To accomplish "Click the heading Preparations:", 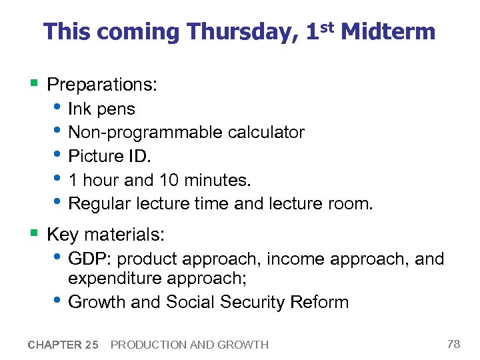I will click(x=103, y=85).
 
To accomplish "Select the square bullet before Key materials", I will click(x=33, y=234).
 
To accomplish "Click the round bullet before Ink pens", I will click(x=59, y=109).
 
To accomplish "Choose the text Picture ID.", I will click(x=110, y=156).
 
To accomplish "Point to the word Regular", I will click(x=98, y=203).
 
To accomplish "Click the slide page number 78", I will click(x=454, y=344).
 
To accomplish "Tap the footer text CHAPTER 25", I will click(x=63, y=345).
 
